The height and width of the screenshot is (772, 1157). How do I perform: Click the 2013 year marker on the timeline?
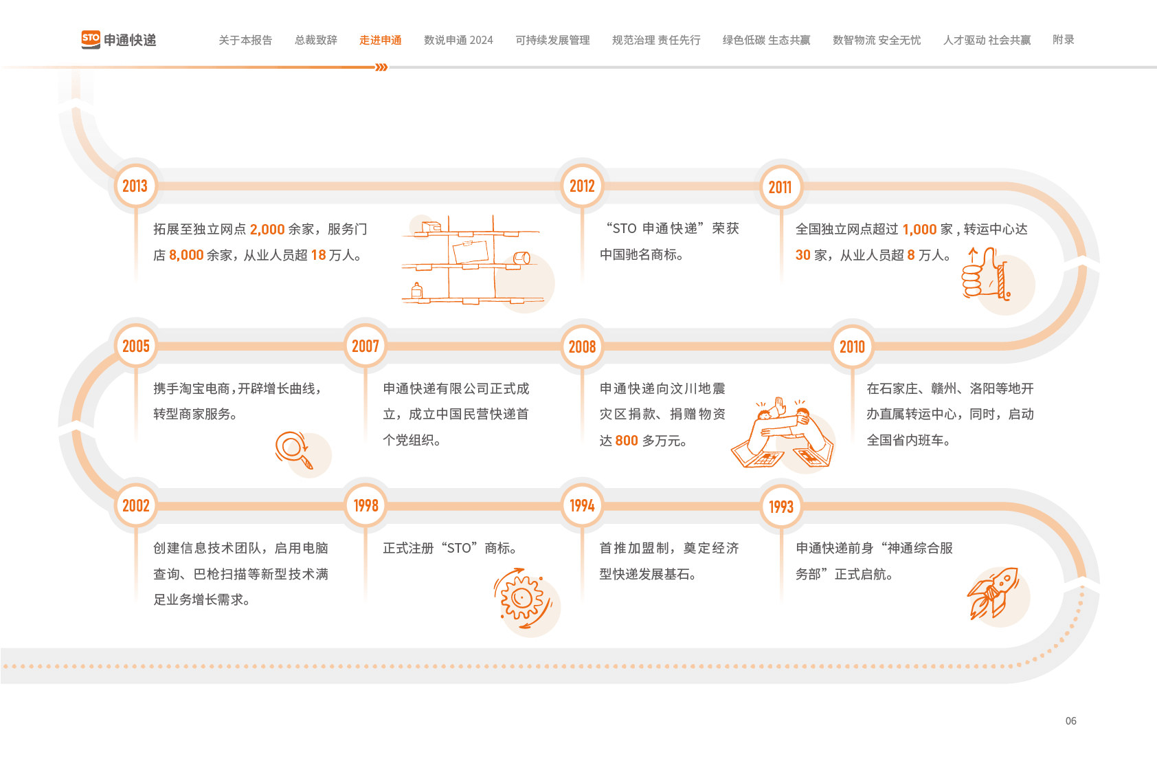(135, 186)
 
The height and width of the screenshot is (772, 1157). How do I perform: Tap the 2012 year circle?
(582, 186)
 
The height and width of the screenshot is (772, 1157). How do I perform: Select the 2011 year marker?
(780, 187)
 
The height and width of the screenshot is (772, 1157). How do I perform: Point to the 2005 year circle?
(136, 346)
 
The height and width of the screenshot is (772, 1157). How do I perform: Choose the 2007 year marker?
(366, 346)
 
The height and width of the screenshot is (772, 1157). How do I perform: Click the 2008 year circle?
(582, 346)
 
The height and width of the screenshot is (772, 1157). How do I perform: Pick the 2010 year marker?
(852, 346)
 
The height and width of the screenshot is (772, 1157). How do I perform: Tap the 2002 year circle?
(136, 506)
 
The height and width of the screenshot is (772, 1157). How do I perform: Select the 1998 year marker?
(366, 506)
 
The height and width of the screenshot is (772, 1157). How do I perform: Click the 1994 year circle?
(582, 506)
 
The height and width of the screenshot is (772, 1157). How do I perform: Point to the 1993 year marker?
(780, 507)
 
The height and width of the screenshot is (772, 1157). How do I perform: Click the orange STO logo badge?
(91, 39)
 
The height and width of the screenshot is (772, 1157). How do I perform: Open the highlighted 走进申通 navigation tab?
(380, 41)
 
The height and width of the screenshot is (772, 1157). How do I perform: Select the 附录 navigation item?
(1063, 40)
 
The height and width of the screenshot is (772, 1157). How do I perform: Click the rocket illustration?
(995, 593)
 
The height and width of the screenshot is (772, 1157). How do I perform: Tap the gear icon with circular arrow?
(522, 598)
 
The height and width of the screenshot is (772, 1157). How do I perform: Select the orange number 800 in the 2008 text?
(626, 441)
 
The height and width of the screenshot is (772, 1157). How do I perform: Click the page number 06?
(1070, 720)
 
